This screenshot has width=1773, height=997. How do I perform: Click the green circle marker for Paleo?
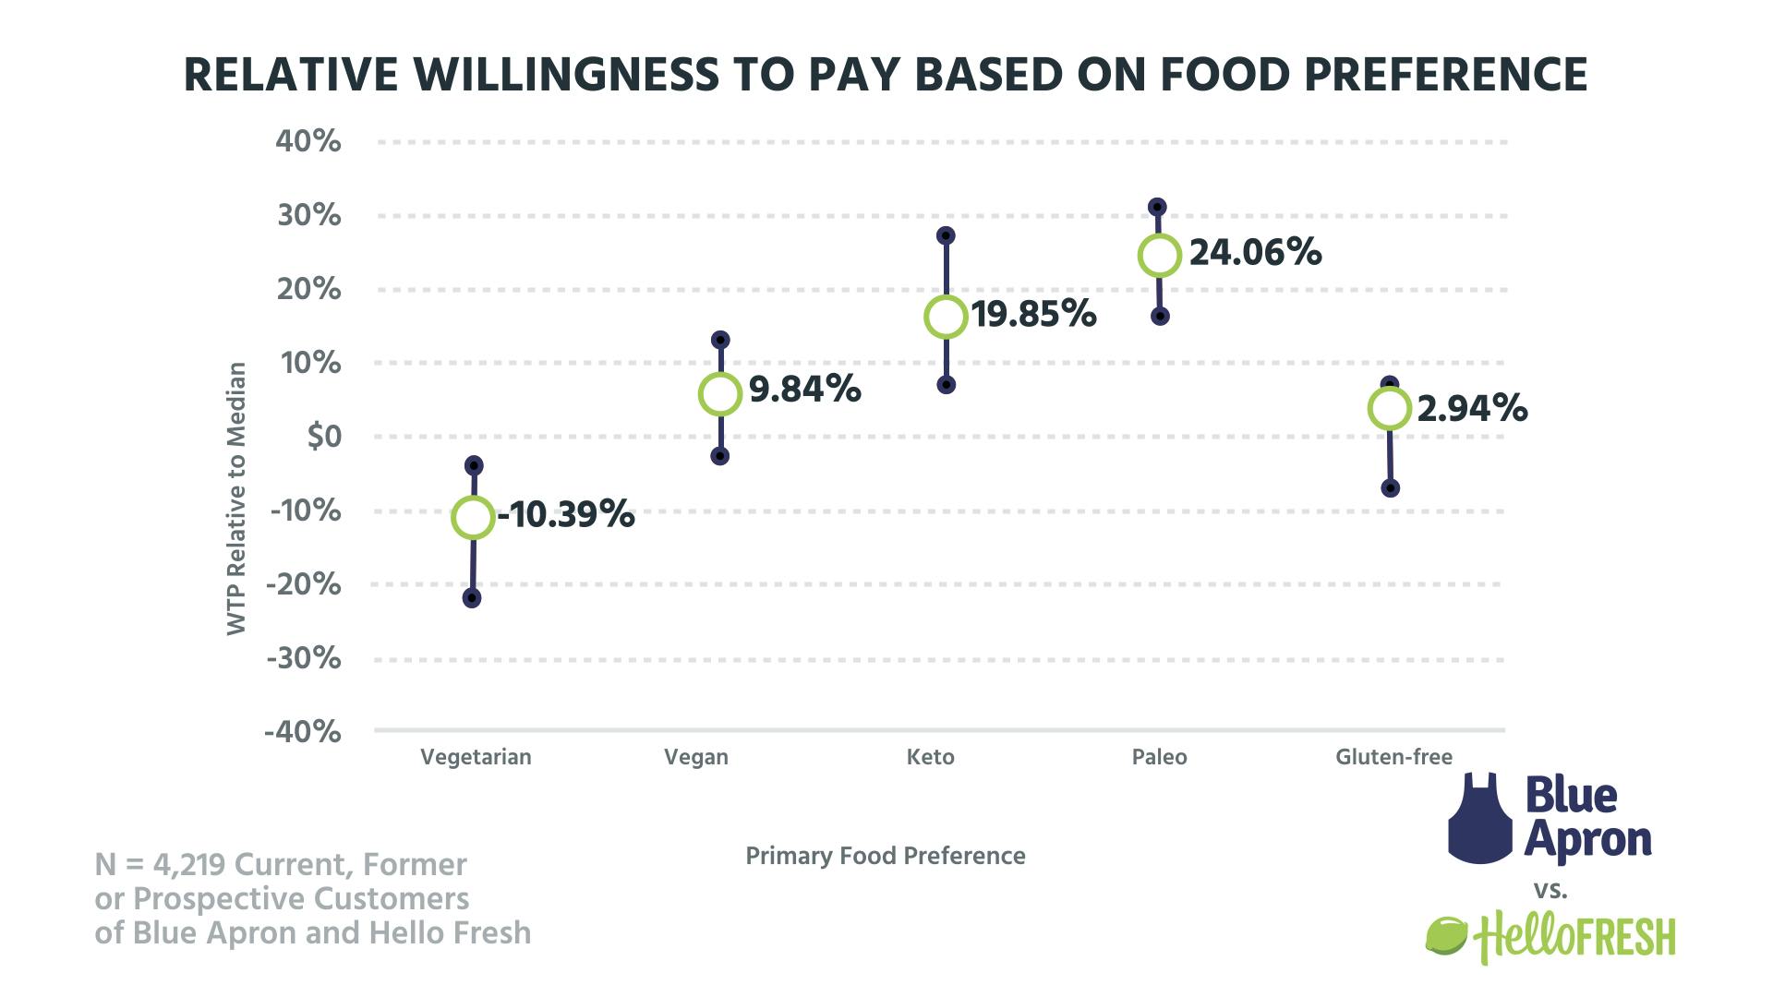point(1159,256)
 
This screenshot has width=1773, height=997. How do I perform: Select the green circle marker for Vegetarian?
point(472,518)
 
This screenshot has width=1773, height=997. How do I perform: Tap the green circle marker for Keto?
point(946,317)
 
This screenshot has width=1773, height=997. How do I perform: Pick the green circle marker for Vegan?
point(720,394)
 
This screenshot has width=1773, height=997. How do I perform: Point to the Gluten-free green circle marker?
point(1390,408)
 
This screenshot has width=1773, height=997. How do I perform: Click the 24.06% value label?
point(1255,253)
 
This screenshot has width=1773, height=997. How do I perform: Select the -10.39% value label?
point(566,515)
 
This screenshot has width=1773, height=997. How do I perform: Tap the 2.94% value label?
point(1472,408)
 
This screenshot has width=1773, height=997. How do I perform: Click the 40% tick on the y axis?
point(308,142)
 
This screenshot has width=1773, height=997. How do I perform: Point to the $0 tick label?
point(323,437)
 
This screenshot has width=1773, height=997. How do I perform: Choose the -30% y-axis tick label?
point(303,659)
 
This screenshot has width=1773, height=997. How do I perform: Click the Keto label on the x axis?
point(930,758)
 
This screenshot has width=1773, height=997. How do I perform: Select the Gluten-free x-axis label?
point(1393,758)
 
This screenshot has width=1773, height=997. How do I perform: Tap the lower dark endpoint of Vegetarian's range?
point(471,598)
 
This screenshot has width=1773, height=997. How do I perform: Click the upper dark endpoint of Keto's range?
point(946,235)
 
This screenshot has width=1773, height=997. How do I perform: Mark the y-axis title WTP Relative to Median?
point(237,498)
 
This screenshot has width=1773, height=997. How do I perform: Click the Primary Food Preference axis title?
point(885,857)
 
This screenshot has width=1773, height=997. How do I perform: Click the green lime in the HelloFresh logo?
point(1446,936)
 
